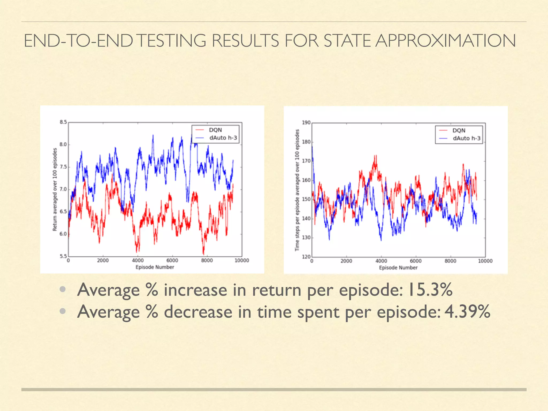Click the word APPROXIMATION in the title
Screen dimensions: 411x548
pos(445,41)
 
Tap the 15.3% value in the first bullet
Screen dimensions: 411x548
pos(430,290)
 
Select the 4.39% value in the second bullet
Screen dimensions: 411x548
pos(467,312)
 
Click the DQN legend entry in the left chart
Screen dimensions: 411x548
pos(215,130)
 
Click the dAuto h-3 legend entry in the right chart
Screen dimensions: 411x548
pos(466,138)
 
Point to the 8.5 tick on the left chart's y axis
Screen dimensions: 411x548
pos(63,122)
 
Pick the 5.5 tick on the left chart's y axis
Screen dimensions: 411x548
pos(63,256)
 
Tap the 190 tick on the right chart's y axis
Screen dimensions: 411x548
pos(306,123)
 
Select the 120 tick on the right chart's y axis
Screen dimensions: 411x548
pos(306,257)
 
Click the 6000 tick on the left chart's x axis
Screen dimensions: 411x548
pos(172,261)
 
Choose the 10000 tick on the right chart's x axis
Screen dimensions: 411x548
pos(485,261)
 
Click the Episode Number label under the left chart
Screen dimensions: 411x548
pos(155,267)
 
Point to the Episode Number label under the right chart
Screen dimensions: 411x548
pos(398,268)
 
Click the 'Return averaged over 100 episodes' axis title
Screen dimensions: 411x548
pos(55,189)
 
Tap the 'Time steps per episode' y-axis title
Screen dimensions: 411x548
pos(297,190)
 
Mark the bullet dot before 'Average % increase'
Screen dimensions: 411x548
pos(63,289)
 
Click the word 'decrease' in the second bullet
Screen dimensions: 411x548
pos(198,312)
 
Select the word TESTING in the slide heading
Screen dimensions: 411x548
pos(173,41)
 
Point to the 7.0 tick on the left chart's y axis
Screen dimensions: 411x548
pos(63,189)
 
